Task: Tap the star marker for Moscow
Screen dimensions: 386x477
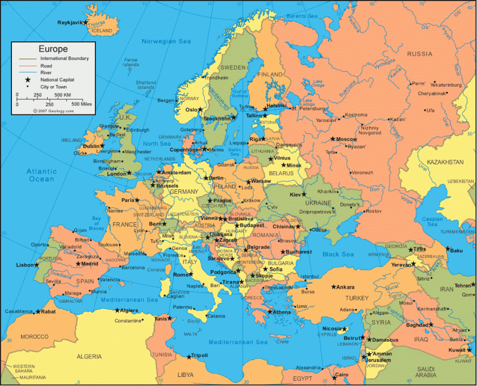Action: point(333,139)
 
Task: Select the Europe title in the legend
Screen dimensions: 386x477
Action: point(53,49)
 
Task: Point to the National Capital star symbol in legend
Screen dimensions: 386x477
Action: point(27,80)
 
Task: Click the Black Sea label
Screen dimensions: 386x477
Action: point(338,254)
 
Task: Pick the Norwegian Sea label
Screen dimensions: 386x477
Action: point(166,41)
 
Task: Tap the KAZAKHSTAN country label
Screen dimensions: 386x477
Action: point(445,162)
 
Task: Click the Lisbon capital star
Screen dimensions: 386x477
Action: point(37,265)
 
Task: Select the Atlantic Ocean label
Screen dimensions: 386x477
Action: point(42,175)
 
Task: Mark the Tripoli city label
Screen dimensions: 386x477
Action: point(199,355)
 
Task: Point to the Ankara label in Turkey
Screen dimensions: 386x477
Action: point(345,287)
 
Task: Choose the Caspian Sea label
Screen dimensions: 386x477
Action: point(432,221)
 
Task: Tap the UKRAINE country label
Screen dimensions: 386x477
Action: point(318,203)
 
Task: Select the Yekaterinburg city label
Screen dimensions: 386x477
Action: point(446,84)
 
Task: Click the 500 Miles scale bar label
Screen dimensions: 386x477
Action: point(82,104)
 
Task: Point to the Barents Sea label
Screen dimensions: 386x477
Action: point(303,16)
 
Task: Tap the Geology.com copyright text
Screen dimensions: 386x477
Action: point(53,111)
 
